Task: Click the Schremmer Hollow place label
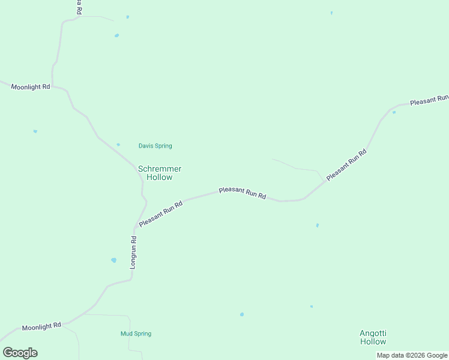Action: click(160, 173)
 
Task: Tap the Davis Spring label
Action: click(155, 146)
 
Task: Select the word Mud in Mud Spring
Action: click(126, 334)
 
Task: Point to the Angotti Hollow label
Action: click(373, 337)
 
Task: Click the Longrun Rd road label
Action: click(134, 252)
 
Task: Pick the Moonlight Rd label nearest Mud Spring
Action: click(41, 327)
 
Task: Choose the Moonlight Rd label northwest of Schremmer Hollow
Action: click(30, 87)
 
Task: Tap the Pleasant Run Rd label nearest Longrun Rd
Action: click(160, 213)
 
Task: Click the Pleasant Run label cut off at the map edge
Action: click(429, 100)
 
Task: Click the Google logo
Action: click(20, 353)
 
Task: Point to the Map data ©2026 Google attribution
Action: click(412, 356)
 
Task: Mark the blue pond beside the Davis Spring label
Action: click(118, 145)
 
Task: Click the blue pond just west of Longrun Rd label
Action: click(113, 260)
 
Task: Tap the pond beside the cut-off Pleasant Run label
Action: click(394, 112)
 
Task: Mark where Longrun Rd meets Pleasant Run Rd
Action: click(136, 227)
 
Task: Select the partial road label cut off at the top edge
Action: click(79, 7)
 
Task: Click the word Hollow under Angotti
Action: click(373, 341)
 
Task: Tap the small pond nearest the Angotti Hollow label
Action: click(312, 307)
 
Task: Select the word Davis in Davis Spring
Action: click(146, 146)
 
